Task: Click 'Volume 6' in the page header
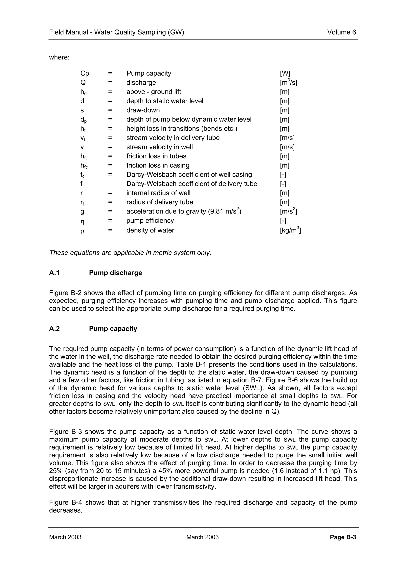341,32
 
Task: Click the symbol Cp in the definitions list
85,73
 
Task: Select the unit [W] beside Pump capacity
285,73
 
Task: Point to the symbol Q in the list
83,83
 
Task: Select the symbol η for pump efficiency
82,221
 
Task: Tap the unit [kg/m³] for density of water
290,230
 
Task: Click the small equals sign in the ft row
109,185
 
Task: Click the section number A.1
54,273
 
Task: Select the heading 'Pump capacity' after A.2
113,329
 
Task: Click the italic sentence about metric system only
130,253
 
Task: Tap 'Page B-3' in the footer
343,537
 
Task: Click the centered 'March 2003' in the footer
202,537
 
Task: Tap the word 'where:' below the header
59,57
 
